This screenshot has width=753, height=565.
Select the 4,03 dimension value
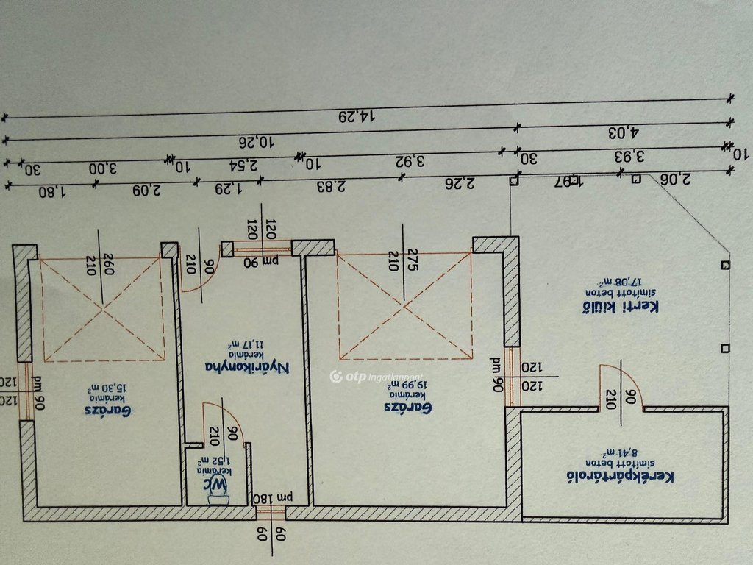[x=624, y=132]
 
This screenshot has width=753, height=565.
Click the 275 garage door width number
[x=413, y=263]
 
